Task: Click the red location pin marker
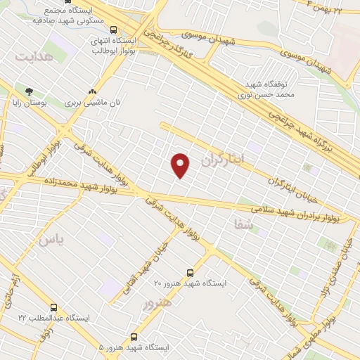tap(181, 164)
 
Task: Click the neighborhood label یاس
tap(51, 240)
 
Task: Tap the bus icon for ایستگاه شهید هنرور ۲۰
tap(190, 272)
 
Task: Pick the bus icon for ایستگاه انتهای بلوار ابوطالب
tap(113, 30)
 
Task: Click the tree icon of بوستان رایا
tap(29, 91)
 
